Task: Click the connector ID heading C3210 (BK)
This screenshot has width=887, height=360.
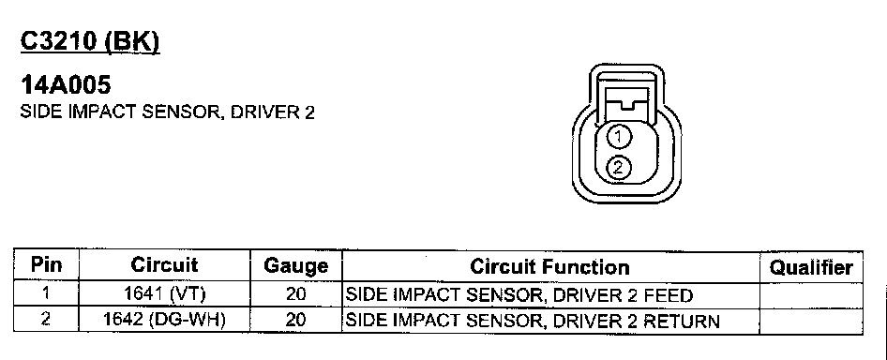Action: click(x=91, y=42)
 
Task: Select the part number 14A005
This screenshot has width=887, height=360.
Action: click(x=66, y=85)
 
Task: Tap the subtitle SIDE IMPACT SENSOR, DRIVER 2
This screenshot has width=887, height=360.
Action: click(x=168, y=112)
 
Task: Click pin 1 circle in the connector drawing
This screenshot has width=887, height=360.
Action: click(x=618, y=137)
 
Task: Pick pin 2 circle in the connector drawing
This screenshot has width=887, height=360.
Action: click(x=618, y=168)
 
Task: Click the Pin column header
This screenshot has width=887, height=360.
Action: click(x=46, y=265)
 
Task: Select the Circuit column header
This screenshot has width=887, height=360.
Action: click(x=165, y=265)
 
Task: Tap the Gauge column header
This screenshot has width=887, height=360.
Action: click(x=296, y=266)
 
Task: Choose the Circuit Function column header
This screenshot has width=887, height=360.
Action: click(x=549, y=266)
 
